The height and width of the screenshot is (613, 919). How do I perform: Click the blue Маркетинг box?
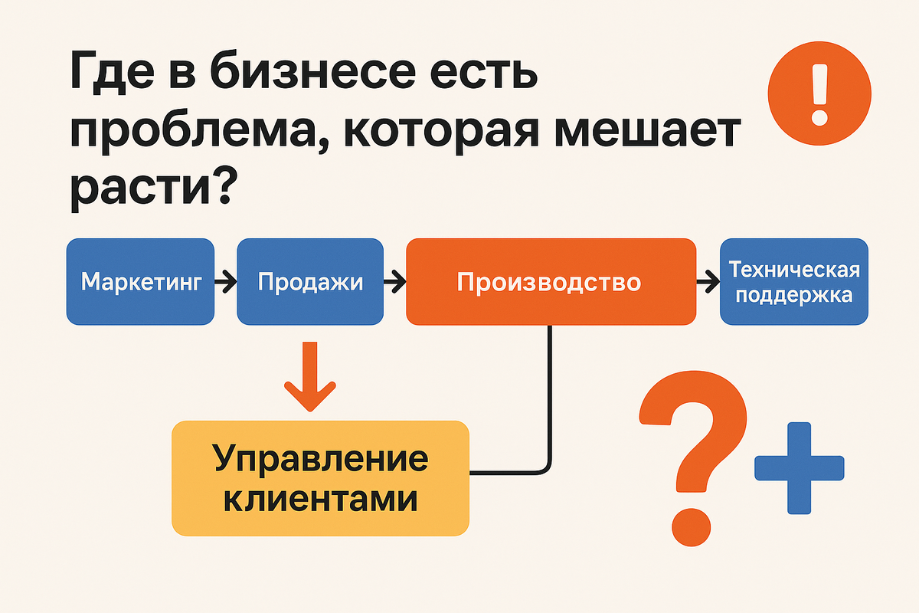click(x=141, y=282)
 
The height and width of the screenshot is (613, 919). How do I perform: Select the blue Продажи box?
click(x=310, y=282)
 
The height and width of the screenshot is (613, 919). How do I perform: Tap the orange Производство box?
click(x=550, y=282)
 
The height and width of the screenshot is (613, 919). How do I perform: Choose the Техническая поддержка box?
click(x=794, y=282)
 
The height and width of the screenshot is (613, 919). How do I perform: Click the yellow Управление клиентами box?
click(x=320, y=478)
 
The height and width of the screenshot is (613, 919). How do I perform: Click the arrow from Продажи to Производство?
click(x=394, y=283)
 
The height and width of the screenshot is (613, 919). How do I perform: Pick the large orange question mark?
click(x=693, y=456)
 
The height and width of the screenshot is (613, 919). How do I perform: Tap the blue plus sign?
click(x=799, y=467)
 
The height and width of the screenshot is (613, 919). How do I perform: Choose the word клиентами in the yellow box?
click(x=320, y=499)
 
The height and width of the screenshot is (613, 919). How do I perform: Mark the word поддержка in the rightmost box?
click(x=794, y=295)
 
